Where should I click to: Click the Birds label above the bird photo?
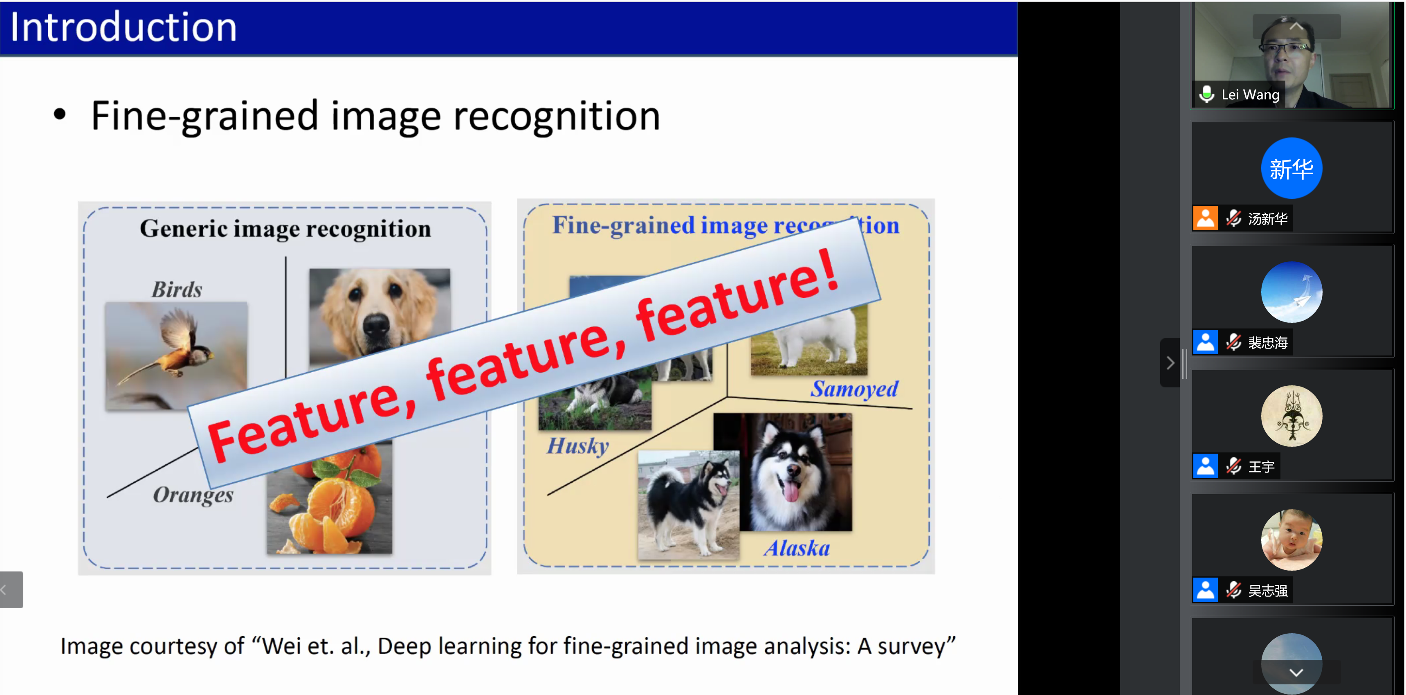(177, 289)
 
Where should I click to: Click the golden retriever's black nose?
(376, 326)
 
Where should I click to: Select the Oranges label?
(193, 495)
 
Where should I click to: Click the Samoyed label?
(854, 389)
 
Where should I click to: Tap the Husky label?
(577, 445)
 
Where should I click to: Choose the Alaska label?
(797, 548)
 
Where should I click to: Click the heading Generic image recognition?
(285, 229)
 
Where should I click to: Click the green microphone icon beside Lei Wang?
(1207, 94)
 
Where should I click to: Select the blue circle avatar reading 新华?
(1291, 168)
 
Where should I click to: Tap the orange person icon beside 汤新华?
(1205, 218)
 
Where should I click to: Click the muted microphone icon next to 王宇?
(1233, 466)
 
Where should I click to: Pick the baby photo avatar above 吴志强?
(1291, 540)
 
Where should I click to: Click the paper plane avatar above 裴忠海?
(1291, 292)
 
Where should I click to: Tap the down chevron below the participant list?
(1296, 673)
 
